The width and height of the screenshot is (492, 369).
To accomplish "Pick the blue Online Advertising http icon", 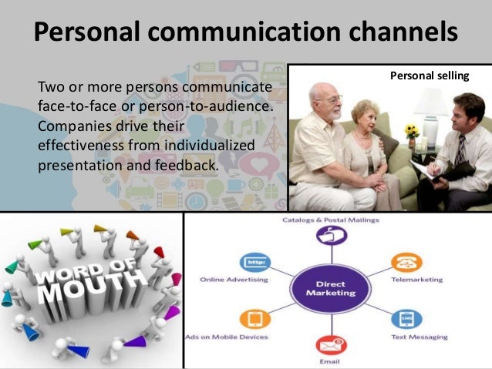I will tap(251, 260).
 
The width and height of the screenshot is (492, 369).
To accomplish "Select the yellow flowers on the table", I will tap(412, 131).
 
